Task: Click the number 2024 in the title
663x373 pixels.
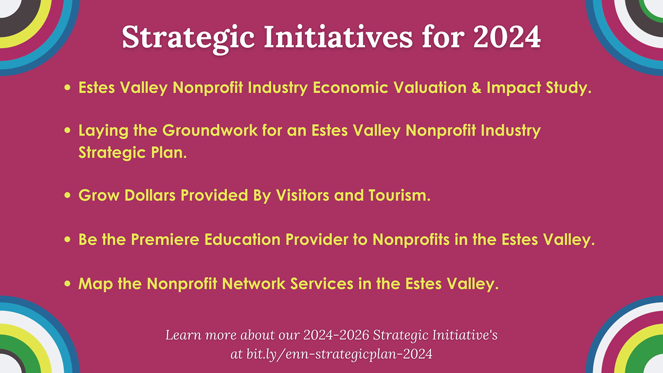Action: (x=507, y=37)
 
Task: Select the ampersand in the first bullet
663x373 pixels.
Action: (x=477, y=87)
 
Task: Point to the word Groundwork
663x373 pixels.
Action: (x=210, y=130)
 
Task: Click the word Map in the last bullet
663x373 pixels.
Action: (x=96, y=283)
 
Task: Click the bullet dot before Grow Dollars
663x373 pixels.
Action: (x=68, y=195)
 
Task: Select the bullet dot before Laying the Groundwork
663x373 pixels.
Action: (x=68, y=130)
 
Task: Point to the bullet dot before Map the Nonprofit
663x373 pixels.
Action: (x=68, y=283)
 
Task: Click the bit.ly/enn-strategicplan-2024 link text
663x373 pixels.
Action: (x=339, y=354)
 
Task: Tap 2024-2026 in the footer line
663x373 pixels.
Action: (x=336, y=335)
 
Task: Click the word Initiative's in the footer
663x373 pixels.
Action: (x=465, y=335)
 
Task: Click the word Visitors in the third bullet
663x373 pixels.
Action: (x=302, y=195)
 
